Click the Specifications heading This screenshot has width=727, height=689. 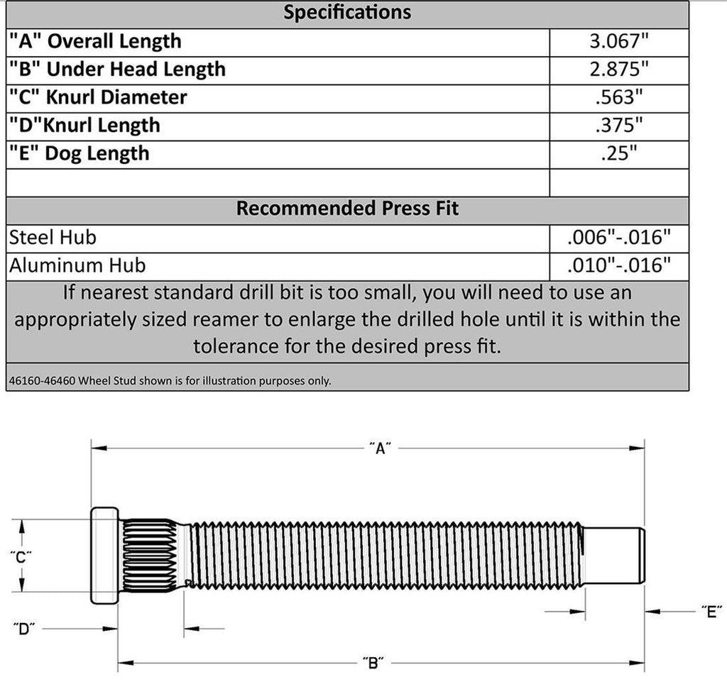tap(347, 12)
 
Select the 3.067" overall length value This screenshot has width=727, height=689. tap(619, 41)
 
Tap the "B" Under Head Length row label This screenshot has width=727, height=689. tap(117, 70)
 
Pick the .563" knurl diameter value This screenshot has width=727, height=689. tap(619, 97)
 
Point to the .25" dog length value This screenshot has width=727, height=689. tap(619, 153)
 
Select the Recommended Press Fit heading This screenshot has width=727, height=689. tap(347, 209)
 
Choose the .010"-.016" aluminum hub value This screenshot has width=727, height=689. tap(619, 265)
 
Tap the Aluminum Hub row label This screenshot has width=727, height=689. tap(77, 265)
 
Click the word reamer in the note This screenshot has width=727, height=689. tap(231, 319)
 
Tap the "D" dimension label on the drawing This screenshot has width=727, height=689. tap(24, 629)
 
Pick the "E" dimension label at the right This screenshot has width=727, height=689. tap(710, 612)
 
